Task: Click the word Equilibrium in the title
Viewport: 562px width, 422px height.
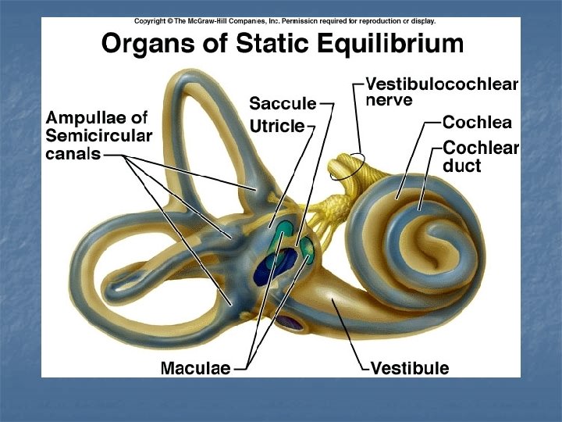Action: pyautogui.click(x=384, y=44)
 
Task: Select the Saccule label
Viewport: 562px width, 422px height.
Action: pyautogui.click(x=283, y=103)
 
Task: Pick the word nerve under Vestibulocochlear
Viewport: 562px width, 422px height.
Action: pyautogui.click(x=388, y=101)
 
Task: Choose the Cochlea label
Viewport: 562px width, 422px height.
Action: pyautogui.click(x=477, y=122)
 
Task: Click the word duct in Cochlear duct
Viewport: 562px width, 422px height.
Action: pyautogui.click(x=463, y=165)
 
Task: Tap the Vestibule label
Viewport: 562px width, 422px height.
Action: pyautogui.click(x=410, y=367)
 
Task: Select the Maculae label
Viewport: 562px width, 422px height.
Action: pyautogui.click(x=195, y=367)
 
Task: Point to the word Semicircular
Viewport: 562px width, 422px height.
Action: pyautogui.click(x=98, y=136)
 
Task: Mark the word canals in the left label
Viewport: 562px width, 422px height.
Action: pyautogui.click(x=73, y=153)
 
